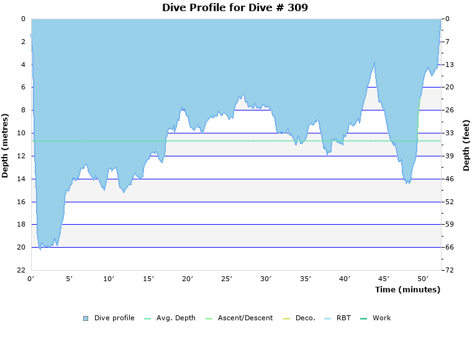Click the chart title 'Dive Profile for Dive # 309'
[x=235, y=8]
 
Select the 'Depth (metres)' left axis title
[x=6, y=145]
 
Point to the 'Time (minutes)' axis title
[x=407, y=289]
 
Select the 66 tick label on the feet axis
[x=449, y=247]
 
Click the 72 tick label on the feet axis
[x=449, y=270]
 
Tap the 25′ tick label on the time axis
[x=227, y=279]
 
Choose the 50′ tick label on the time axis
[x=424, y=279]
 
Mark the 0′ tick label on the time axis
[x=31, y=279]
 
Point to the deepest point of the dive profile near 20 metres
[x=40, y=249]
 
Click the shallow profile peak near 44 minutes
[x=374, y=62]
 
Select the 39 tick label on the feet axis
[x=449, y=156]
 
